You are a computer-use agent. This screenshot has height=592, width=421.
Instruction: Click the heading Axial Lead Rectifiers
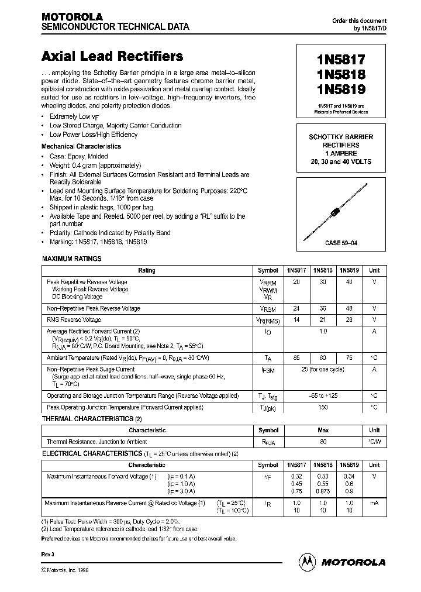tap(112, 57)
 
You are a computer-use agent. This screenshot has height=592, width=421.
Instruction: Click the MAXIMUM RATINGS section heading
tap(71, 258)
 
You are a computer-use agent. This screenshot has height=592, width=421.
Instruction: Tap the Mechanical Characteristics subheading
tap(81, 146)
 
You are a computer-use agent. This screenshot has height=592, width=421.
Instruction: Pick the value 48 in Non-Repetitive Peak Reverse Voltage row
tap(350, 308)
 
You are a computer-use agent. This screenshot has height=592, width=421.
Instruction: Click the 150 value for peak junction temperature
tap(323, 407)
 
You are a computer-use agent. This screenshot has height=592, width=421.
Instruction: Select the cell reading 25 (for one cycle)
tap(323, 370)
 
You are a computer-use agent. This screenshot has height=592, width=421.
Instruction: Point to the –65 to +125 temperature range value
tap(323, 395)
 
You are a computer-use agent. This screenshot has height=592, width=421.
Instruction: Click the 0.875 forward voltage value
tap(323, 492)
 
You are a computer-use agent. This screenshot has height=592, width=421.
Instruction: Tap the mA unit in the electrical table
tap(374, 502)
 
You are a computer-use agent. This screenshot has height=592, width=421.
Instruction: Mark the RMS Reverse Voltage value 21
tap(323, 319)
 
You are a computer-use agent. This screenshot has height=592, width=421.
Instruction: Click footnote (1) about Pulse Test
tap(111, 521)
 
